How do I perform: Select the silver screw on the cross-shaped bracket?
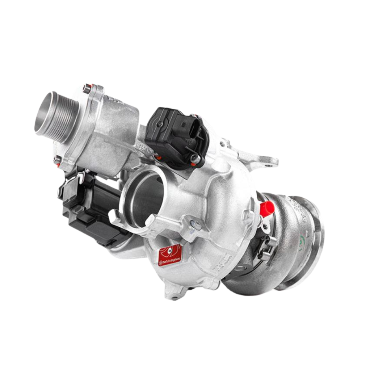pyautogui.click(x=197, y=224)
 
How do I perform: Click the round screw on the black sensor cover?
pyautogui.click(x=160, y=124)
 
